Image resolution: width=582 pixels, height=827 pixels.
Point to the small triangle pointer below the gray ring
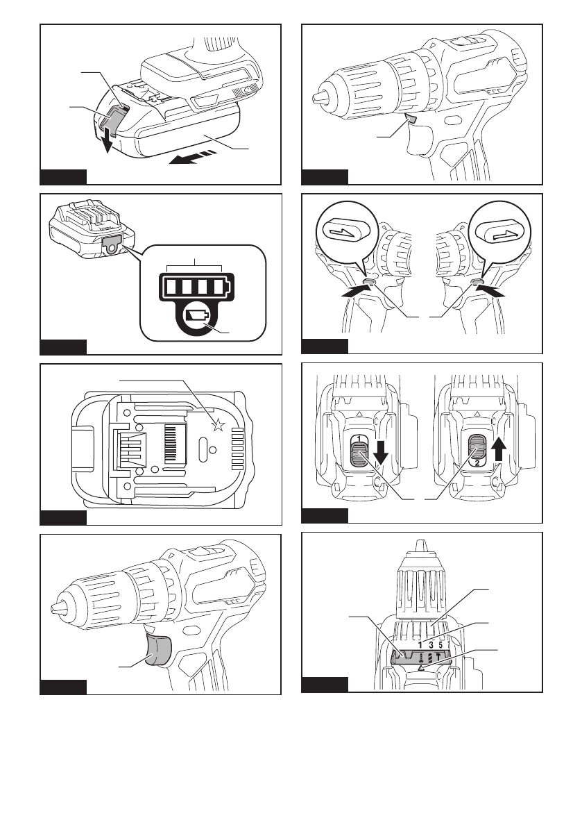point(421,668)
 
